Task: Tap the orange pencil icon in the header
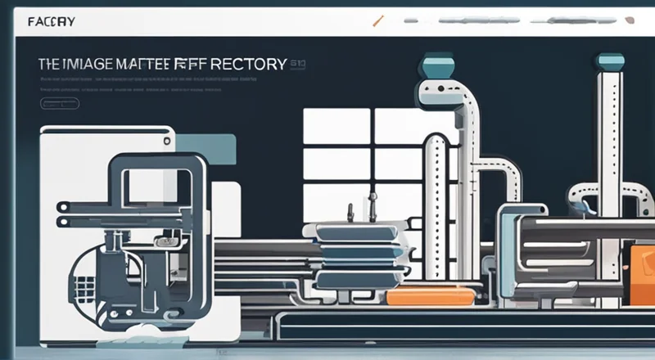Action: [x=377, y=20]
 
